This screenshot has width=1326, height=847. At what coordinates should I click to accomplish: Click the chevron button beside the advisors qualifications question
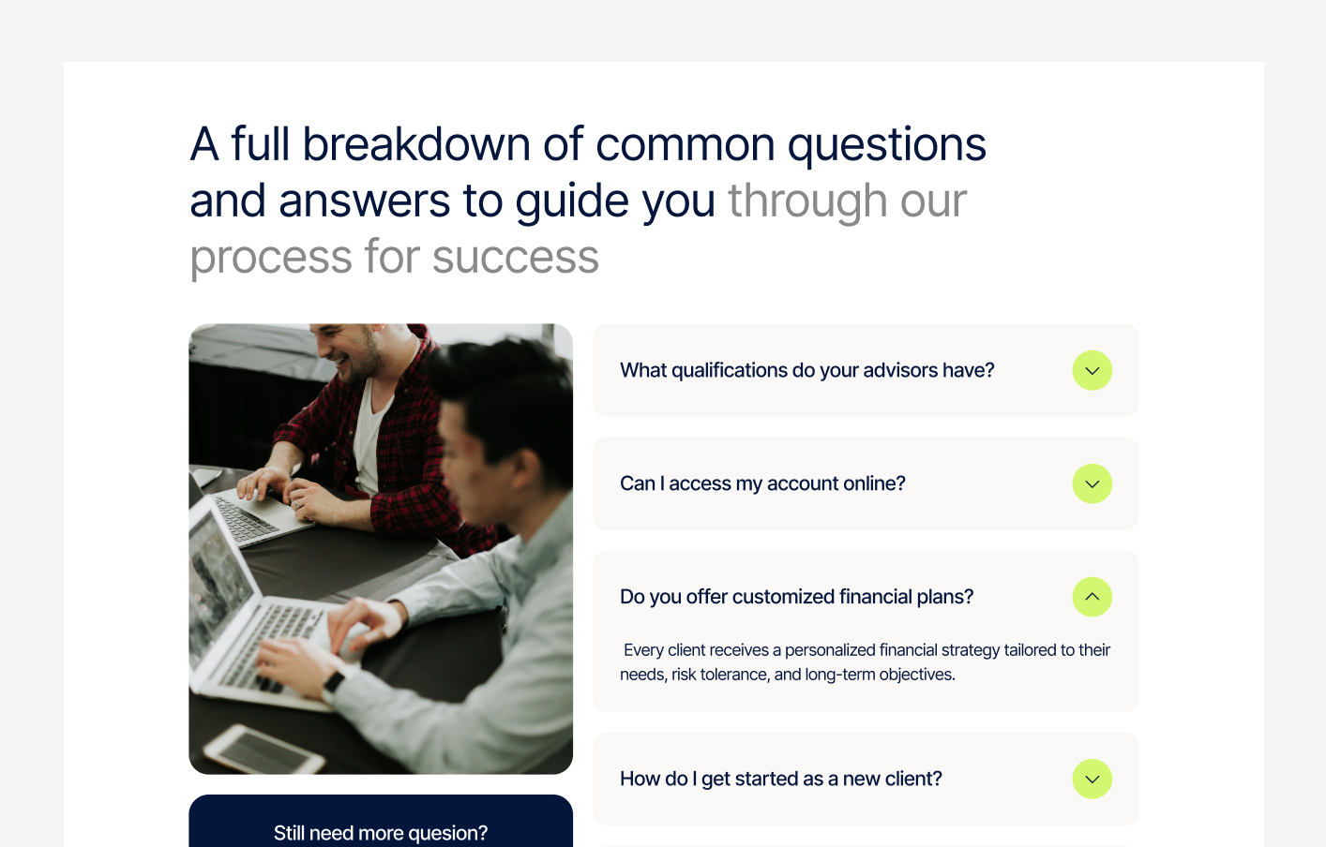[1092, 371]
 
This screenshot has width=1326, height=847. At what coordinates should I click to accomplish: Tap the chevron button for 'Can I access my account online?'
[1092, 484]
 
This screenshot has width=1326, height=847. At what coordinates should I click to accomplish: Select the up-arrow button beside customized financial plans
[1092, 597]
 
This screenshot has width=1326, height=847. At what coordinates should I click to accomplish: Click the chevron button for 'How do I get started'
[1092, 780]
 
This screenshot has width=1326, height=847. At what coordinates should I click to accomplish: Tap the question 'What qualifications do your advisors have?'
[806, 371]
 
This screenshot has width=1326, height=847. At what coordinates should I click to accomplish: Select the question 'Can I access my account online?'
[762, 484]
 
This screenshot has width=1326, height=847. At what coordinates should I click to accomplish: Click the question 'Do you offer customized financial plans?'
[796, 597]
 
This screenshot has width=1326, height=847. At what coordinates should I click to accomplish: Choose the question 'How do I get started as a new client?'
[780, 780]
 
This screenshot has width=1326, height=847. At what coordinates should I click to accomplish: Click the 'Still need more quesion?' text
[380, 833]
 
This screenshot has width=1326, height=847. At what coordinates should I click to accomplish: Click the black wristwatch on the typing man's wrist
[334, 681]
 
